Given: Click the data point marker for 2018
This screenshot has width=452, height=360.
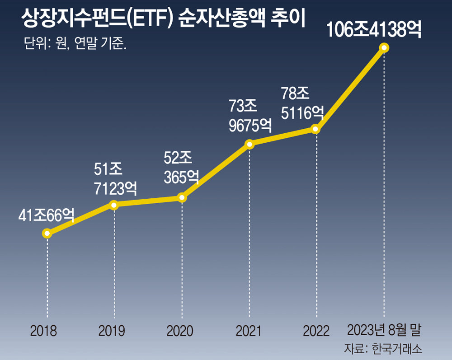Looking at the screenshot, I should pos(47,234).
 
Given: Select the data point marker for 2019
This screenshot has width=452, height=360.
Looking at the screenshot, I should pos(114,205).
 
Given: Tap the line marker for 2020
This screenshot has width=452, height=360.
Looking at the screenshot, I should pos(181,197).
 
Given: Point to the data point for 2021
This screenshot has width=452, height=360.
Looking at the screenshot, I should pos(249,144).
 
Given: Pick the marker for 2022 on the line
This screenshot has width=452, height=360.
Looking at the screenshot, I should pos(316,130).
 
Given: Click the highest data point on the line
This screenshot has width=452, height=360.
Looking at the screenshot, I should pos(384,47).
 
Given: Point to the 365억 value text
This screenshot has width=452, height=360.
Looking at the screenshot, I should pos(181,177).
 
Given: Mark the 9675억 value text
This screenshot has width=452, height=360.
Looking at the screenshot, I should pos(250,125).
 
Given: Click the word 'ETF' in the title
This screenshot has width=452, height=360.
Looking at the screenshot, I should pos(152,19).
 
